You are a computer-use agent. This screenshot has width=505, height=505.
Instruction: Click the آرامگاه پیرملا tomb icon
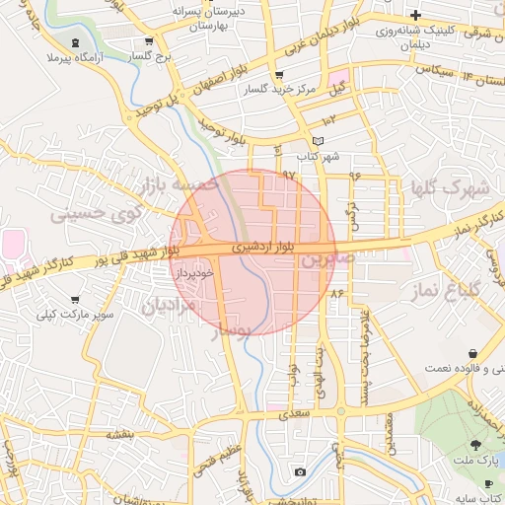77,42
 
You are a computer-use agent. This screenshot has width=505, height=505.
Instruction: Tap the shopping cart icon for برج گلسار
148,42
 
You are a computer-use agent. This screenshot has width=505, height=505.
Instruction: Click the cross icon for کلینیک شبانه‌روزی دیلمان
417,16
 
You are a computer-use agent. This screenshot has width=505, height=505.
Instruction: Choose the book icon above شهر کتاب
317,141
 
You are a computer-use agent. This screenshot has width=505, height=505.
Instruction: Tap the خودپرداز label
192,270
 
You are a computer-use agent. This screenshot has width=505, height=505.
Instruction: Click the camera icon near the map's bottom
300,473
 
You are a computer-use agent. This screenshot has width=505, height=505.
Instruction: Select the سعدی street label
294,415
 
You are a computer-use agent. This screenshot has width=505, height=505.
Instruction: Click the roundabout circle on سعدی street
340,412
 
